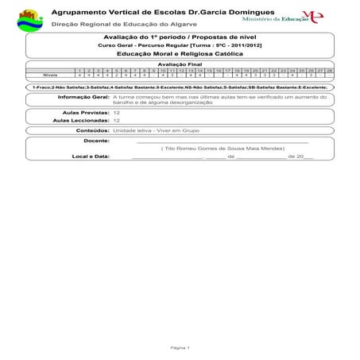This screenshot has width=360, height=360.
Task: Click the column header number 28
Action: click(328, 70)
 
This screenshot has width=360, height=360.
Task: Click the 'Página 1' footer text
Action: click(180, 347)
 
